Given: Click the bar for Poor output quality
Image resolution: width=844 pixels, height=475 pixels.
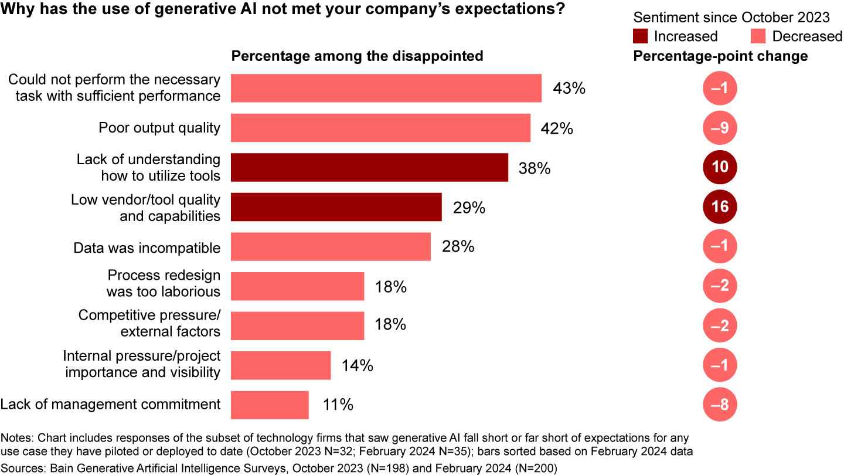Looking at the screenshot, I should tap(380, 128).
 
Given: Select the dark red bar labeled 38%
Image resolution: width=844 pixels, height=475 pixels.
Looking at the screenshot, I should tap(369, 167).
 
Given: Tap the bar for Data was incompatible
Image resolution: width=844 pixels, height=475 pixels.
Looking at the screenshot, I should tap(331, 247).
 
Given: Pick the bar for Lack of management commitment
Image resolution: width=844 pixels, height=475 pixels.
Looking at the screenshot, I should tap(270, 405).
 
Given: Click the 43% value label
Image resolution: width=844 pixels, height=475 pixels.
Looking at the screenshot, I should tap(570, 89).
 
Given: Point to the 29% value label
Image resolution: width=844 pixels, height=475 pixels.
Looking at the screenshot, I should tap(469, 208).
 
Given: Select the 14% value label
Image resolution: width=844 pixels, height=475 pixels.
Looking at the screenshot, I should tap(358, 366).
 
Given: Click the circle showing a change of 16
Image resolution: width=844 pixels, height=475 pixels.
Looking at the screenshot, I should tap(720, 207).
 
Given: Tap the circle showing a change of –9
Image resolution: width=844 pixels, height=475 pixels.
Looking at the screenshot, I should tap(720, 128).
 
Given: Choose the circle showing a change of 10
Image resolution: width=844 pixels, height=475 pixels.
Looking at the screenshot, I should tap(720, 167).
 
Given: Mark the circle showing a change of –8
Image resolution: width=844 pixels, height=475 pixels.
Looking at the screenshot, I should tap(720, 405).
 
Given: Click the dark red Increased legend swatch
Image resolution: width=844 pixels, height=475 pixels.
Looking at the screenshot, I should tap(641, 36).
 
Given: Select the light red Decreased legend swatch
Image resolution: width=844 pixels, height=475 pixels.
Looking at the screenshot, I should tap(758, 36).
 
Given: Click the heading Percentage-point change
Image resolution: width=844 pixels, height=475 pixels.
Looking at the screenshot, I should tap(720, 56).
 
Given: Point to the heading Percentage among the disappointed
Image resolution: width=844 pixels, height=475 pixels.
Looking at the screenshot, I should tap(358, 56).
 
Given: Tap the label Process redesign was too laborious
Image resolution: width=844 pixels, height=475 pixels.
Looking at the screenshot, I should tap(164, 283).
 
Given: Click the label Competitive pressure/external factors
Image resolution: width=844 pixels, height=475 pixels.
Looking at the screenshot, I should tap(149, 323).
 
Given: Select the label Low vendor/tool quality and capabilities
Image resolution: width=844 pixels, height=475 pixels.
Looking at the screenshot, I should tap(145, 208).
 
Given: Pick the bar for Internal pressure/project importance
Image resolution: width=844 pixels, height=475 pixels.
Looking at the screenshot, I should tap(281, 366).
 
